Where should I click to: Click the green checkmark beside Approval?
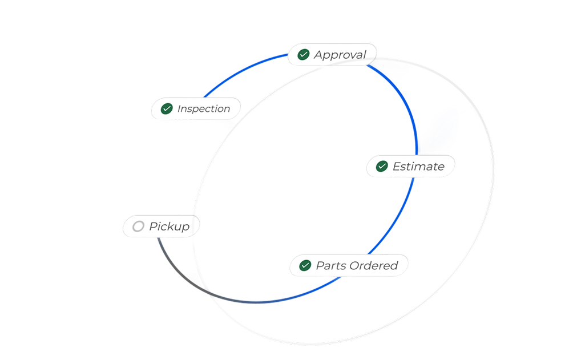304,55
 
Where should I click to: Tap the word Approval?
340,55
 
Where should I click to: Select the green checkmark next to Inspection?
167,108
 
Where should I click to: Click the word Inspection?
204,108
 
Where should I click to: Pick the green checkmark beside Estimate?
382,166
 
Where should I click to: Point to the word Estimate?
418,167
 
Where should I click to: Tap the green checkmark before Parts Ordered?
305,265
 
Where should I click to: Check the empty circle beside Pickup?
138,226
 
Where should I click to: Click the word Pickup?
169,226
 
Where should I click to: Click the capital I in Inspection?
179,108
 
